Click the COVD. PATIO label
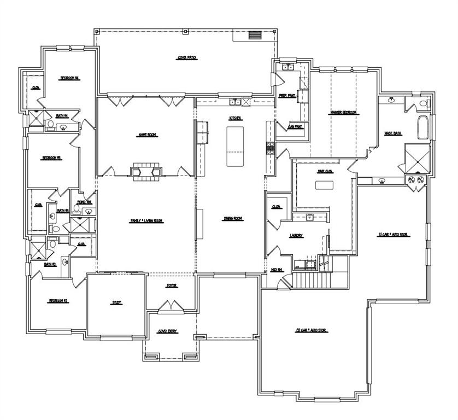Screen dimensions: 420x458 pyautogui.click(x=187, y=57)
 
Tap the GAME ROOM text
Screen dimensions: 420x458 pyautogui.click(x=148, y=135)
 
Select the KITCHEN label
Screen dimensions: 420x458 pyautogui.click(x=235, y=118)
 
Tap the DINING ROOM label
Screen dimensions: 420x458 pyautogui.click(x=233, y=219)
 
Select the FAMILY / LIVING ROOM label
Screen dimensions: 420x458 pyautogui.click(x=146, y=220)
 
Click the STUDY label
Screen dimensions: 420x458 pyautogui.click(x=116, y=302)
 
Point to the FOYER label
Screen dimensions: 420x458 pyautogui.click(x=172, y=286)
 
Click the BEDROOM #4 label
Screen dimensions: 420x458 pyautogui.click(x=70, y=78)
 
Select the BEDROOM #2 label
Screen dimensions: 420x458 pyautogui.click(x=58, y=301)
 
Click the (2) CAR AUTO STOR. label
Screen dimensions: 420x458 pyautogui.click(x=312, y=330)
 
